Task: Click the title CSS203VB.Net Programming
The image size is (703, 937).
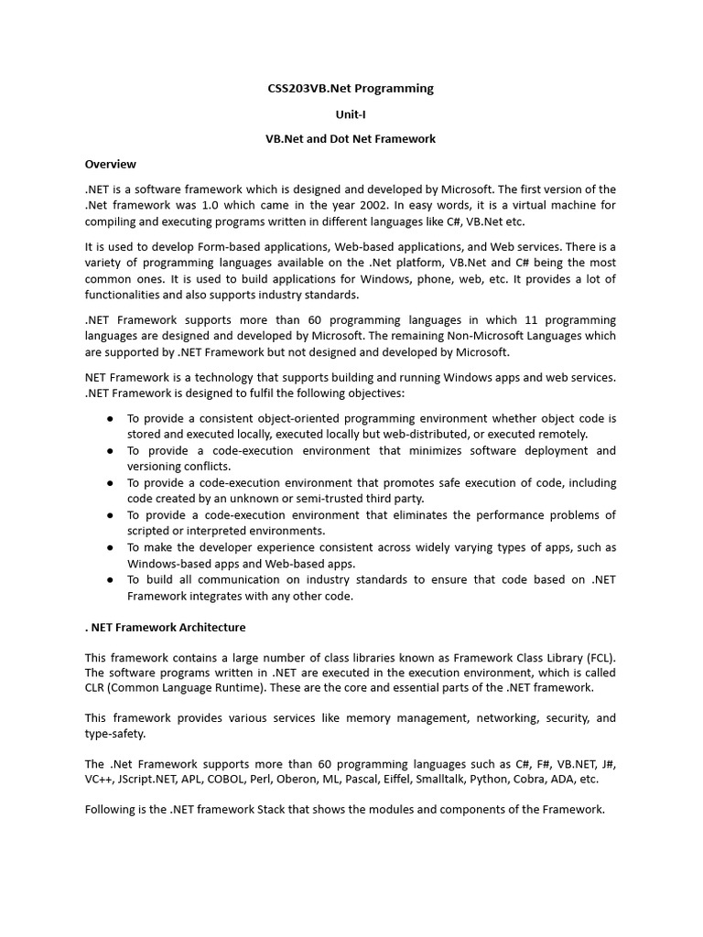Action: [x=351, y=89]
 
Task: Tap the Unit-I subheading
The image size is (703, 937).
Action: [x=351, y=114]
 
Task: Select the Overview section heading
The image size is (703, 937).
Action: [x=111, y=164]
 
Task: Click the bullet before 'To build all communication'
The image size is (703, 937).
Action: [x=110, y=579]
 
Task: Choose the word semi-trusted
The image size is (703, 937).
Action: [x=298, y=499]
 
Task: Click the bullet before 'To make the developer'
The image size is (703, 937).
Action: [x=110, y=547]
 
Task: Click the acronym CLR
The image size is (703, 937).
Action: [x=99, y=687]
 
